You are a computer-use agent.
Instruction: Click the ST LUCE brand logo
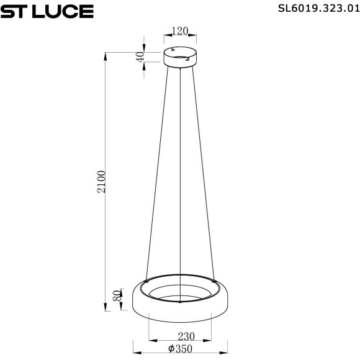click(x=47, y=11)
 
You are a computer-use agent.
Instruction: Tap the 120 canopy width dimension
click(x=180, y=31)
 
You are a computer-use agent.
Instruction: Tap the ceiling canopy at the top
click(x=181, y=57)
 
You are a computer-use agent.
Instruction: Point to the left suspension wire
click(x=156, y=174)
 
